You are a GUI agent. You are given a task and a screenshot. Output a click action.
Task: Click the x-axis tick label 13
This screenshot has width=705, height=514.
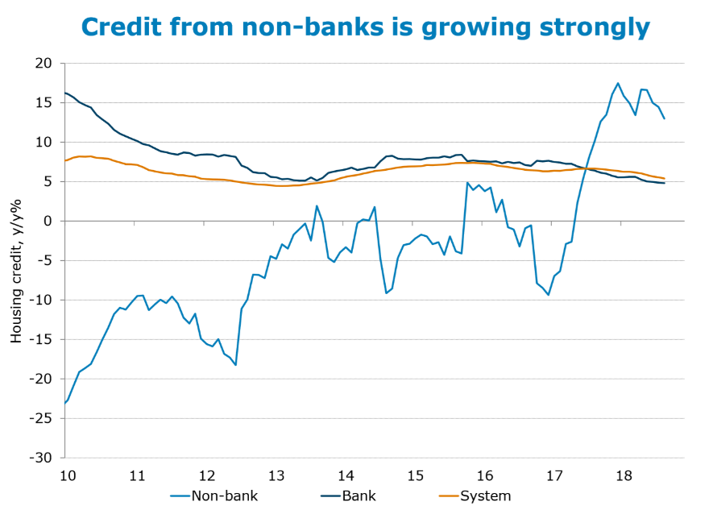276,475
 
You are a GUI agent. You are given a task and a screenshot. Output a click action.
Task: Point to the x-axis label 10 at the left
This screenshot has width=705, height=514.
67,475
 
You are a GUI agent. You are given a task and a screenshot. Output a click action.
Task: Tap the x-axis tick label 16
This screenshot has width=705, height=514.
485,475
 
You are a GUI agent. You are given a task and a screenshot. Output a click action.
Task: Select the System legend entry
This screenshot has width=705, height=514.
484,496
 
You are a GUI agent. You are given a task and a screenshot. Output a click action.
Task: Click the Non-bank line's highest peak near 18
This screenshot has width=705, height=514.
618,83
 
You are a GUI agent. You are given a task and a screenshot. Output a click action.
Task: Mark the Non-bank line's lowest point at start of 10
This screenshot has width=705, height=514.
64,403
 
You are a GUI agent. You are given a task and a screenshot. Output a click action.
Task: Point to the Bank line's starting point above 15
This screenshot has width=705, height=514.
64,93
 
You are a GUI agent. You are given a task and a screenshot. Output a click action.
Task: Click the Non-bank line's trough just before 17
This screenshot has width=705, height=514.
549,295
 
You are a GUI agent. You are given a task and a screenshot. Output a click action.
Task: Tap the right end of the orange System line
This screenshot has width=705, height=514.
664,178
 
